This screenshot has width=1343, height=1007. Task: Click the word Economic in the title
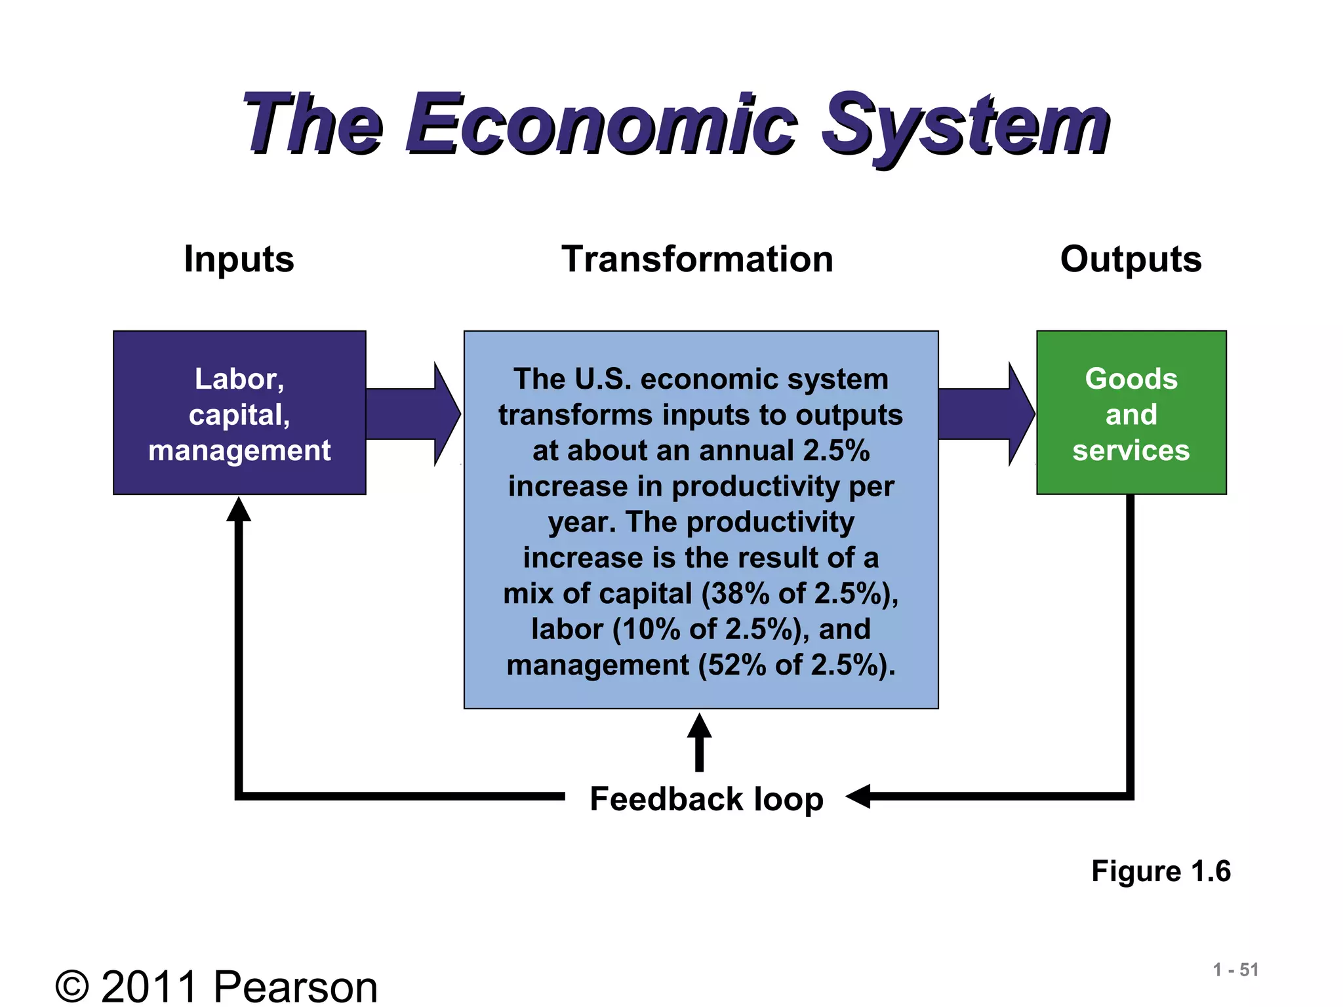coord(600,125)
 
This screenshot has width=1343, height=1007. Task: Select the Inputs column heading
coord(239,259)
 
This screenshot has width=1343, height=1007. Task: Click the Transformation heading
coord(697,259)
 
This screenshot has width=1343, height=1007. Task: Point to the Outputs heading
coord(1131,260)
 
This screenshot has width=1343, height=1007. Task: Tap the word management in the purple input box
coord(239,451)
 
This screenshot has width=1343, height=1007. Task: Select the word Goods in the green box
coord(1131,379)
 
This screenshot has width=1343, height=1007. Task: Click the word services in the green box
coord(1131,451)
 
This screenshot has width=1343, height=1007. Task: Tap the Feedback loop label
coord(706,799)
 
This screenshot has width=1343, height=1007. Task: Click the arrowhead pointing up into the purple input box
coord(239,510)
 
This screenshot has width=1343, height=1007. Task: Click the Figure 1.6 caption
coord(1161,871)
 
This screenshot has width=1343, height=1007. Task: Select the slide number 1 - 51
coord(1235,970)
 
